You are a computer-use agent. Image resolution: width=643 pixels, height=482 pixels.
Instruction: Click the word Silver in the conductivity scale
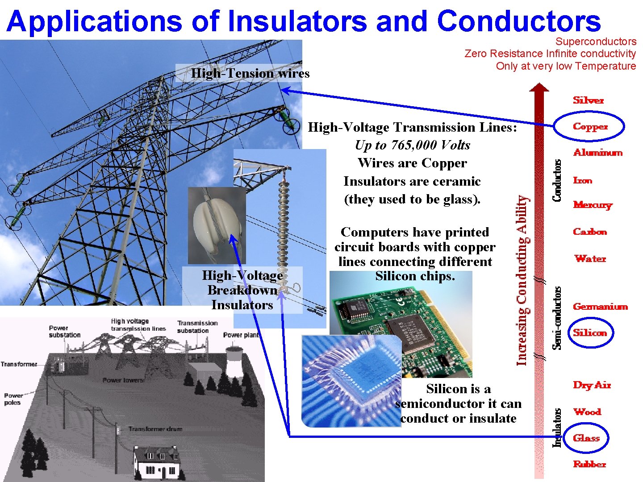[588, 100]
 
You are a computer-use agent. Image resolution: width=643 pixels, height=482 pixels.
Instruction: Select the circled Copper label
[590, 127]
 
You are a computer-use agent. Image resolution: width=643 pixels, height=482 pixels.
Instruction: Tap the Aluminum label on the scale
[597, 153]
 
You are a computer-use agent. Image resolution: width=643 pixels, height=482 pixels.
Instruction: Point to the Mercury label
[593, 205]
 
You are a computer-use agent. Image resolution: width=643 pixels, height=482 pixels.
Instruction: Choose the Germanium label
[600, 307]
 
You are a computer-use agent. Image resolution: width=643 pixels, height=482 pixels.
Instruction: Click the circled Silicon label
[590, 333]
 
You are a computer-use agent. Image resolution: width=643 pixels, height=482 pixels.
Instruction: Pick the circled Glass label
[586, 438]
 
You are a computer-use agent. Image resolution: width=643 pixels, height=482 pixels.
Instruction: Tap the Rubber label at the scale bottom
[589, 464]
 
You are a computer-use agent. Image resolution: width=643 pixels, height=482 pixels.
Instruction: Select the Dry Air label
[592, 385]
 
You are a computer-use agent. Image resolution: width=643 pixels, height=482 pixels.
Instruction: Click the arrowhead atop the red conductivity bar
[539, 87]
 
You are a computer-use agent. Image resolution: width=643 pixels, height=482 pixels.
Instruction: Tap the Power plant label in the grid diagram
[241, 335]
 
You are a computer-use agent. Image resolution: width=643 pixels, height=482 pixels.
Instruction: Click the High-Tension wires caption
[250, 73]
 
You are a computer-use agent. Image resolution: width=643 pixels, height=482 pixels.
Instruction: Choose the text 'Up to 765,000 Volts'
[412, 145]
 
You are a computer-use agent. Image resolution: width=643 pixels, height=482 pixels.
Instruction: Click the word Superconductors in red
[596, 42]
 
